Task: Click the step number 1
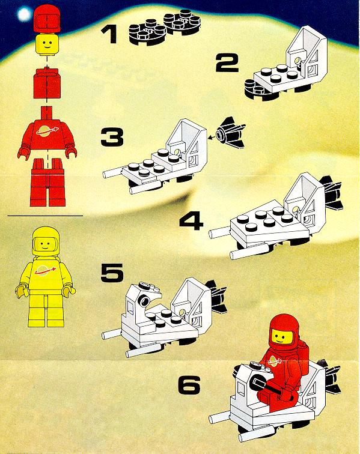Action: tap(109, 34)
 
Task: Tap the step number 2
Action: tap(227, 63)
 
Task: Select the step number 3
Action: tap(112, 137)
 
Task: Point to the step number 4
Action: tap(191, 220)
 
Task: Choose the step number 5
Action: tap(112, 273)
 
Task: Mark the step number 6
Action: tap(189, 385)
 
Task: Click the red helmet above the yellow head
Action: tap(47, 18)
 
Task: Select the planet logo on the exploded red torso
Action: tap(47, 130)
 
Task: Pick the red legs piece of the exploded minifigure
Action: tap(47, 182)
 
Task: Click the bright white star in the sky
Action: tap(24, 14)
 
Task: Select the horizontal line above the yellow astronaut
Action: tap(45, 216)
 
